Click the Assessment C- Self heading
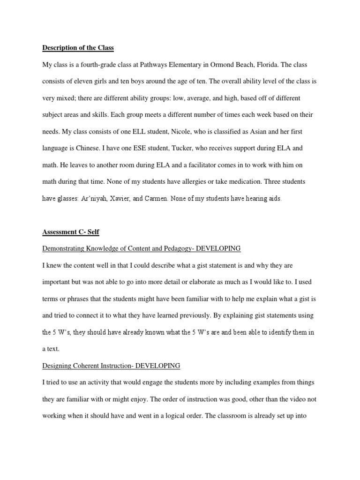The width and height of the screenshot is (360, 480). tap(71, 232)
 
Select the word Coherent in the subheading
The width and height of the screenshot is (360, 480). tap(91, 366)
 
